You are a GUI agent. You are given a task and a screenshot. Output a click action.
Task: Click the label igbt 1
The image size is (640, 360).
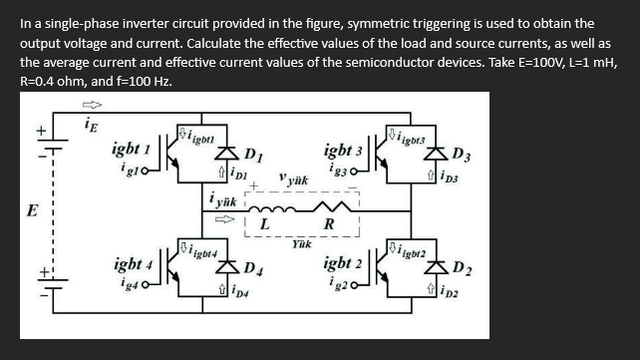(132, 150)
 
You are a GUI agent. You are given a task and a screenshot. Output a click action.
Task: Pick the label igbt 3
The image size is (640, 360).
(344, 152)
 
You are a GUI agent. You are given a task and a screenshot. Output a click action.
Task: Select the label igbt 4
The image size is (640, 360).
(132, 267)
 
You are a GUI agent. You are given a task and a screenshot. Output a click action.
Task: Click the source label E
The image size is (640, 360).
(33, 212)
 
